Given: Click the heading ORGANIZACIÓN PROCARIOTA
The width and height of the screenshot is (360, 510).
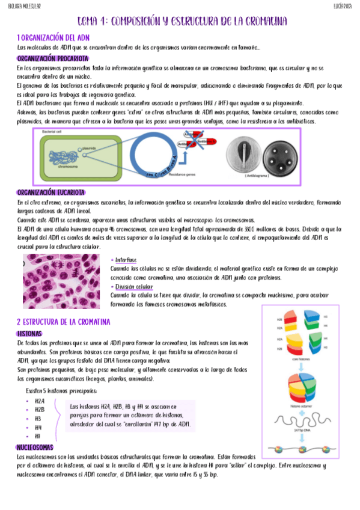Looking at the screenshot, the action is (x=53, y=58).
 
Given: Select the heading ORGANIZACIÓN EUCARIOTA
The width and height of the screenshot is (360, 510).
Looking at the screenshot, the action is (x=51, y=192).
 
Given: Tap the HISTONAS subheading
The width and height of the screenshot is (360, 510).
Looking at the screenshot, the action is (x=29, y=333).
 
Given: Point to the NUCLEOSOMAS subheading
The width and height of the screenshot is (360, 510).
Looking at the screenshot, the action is (x=35, y=448).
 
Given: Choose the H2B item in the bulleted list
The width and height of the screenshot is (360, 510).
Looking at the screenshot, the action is (x=40, y=409).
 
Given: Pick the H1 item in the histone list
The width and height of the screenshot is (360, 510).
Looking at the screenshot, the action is (x=38, y=435).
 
